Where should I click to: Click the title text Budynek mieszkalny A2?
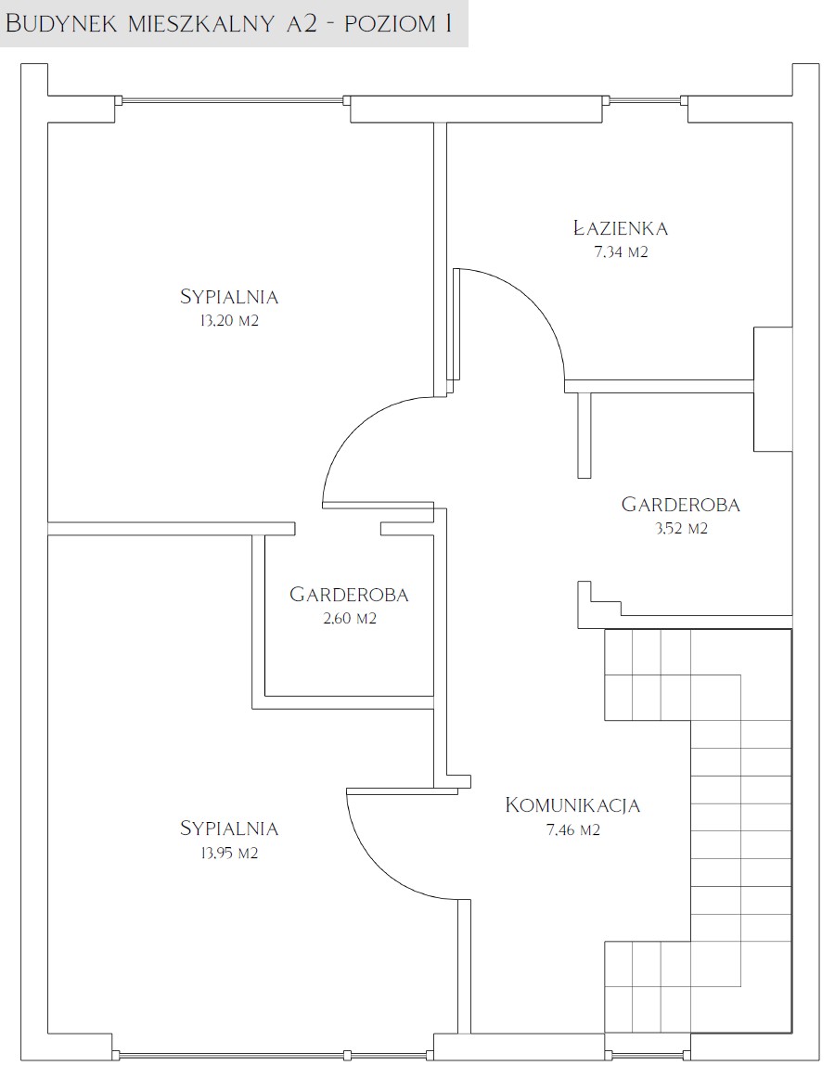[x=161, y=24]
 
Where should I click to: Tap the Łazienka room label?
[x=621, y=227]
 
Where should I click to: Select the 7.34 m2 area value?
[x=621, y=251]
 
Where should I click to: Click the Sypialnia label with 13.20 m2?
[x=228, y=297]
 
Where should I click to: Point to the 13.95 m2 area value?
[x=229, y=854]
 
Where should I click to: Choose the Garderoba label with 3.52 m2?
[x=680, y=505]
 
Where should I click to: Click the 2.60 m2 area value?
[x=350, y=619]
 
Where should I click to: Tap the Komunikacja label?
[x=572, y=804]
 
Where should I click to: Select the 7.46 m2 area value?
[x=572, y=830]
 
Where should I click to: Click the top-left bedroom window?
[x=233, y=100]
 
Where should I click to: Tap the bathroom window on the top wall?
[x=645, y=100]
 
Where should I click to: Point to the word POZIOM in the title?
[x=390, y=24]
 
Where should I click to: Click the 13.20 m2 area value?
[x=229, y=321]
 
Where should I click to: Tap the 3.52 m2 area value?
[x=680, y=529]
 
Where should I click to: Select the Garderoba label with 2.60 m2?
[x=349, y=594]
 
